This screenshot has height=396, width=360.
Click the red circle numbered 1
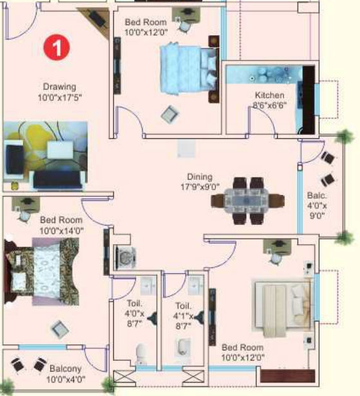click(x=57, y=47)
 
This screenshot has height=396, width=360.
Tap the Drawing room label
click(x=60, y=92)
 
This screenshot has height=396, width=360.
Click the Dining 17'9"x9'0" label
click(x=199, y=181)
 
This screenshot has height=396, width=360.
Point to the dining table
click(x=247, y=201)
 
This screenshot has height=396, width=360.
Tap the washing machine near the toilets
click(x=125, y=258)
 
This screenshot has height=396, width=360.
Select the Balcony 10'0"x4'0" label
click(x=66, y=373)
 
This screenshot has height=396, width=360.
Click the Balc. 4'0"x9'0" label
click(x=317, y=205)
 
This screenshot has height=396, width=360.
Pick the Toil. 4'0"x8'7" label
click(x=134, y=313)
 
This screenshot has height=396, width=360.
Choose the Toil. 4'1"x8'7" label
click(x=183, y=316)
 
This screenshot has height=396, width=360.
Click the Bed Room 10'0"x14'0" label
click(x=61, y=225)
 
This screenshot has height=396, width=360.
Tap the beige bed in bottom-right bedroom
click(x=282, y=307)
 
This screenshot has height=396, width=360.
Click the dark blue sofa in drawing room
click(x=58, y=179)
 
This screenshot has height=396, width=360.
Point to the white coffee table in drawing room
click(x=60, y=150)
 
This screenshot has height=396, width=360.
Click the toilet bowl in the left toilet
click(x=141, y=354)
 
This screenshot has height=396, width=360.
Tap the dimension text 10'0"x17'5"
click(x=60, y=97)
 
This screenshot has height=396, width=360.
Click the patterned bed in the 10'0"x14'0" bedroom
click(x=42, y=271)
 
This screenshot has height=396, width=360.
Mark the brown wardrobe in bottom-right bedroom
click(x=287, y=376)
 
